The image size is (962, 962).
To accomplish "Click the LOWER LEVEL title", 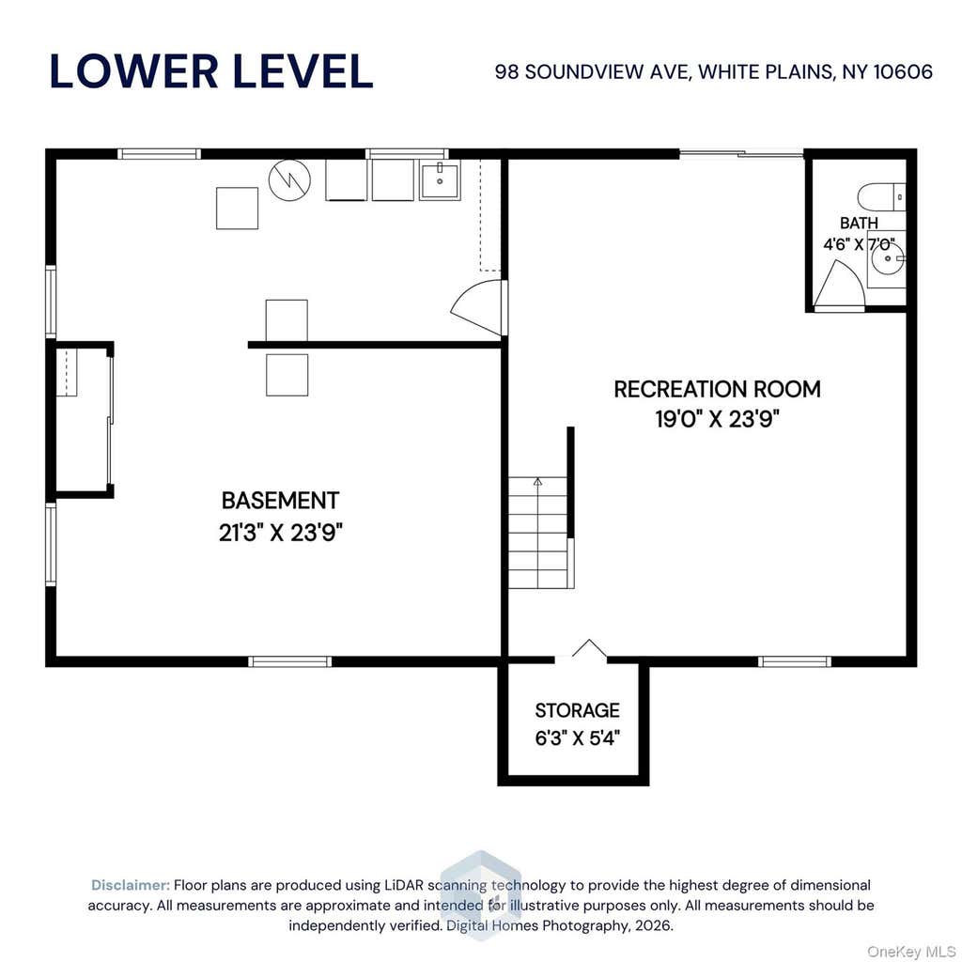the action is pyautogui.click(x=211, y=71).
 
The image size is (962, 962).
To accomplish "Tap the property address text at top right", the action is pyautogui.click(x=714, y=71).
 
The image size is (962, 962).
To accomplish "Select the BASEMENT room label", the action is pyautogui.click(x=280, y=501).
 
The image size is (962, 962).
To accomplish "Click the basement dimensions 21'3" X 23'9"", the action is pyautogui.click(x=280, y=533).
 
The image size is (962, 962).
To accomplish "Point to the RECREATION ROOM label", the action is pyautogui.click(x=717, y=389).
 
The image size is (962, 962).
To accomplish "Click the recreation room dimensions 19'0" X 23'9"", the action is pyautogui.click(x=717, y=420).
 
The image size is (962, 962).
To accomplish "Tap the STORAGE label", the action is pyautogui.click(x=578, y=710).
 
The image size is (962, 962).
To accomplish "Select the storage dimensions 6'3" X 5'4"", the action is pyautogui.click(x=578, y=738).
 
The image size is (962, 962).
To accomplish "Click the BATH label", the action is pyautogui.click(x=859, y=223).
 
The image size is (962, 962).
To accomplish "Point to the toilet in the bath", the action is pyautogui.click(x=881, y=197).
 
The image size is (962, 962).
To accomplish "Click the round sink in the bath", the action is pyautogui.click(x=887, y=258).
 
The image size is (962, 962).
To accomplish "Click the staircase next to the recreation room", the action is pyautogui.click(x=538, y=533).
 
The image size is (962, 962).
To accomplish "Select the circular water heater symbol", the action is pyautogui.click(x=289, y=179).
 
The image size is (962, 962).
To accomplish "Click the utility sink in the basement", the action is pyautogui.click(x=440, y=179).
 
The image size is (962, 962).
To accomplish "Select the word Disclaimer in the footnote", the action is pyautogui.click(x=130, y=885).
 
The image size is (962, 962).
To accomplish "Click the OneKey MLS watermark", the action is pyautogui.click(x=910, y=952).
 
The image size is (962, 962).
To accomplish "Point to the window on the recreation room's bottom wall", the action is pyautogui.click(x=795, y=661).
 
